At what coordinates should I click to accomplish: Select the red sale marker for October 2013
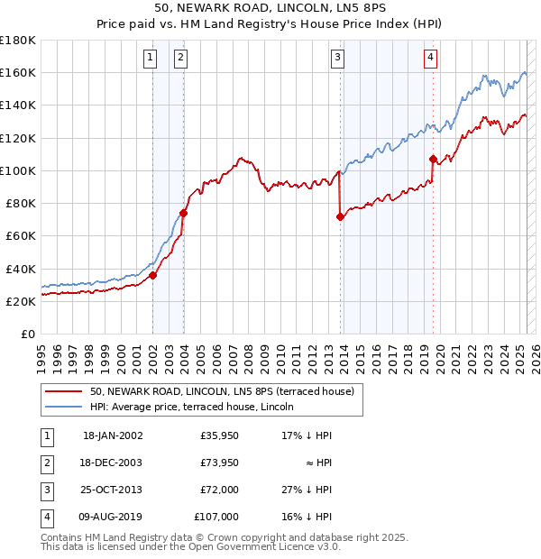click(341, 216)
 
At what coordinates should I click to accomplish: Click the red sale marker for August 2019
click(433, 160)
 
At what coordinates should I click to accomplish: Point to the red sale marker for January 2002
click(152, 276)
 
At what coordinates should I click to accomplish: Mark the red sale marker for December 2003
click(183, 214)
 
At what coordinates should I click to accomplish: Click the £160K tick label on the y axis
click(18, 72)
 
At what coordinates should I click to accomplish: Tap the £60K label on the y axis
click(20, 235)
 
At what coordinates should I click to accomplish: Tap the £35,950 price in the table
click(219, 435)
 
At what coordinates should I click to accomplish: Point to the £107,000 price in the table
click(216, 518)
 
